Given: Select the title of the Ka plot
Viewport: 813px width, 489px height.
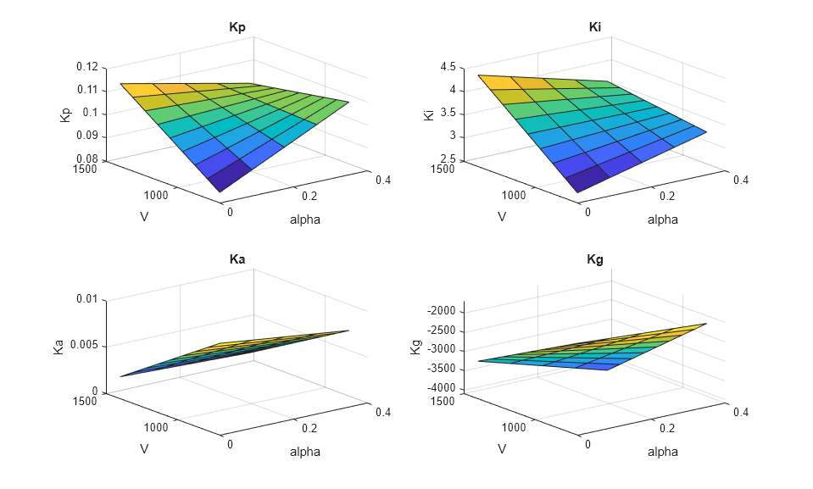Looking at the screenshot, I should [x=237, y=259].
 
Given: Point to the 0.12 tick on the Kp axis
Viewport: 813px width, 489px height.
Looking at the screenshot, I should [x=86, y=67].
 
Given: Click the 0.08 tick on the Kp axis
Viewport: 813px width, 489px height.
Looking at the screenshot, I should [x=86, y=159].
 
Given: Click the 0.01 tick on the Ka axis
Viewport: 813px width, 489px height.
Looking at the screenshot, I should [x=87, y=299].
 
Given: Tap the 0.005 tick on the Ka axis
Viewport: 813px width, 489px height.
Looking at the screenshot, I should [x=84, y=346].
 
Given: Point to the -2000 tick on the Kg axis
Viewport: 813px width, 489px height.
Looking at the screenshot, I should [x=443, y=311].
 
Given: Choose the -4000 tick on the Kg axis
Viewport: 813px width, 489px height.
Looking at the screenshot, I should [x=443, y=388].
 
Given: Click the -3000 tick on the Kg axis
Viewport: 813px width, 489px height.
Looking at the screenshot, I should [x=443, y=349].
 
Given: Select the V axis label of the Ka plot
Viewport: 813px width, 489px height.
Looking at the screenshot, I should [x=145, y=448].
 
